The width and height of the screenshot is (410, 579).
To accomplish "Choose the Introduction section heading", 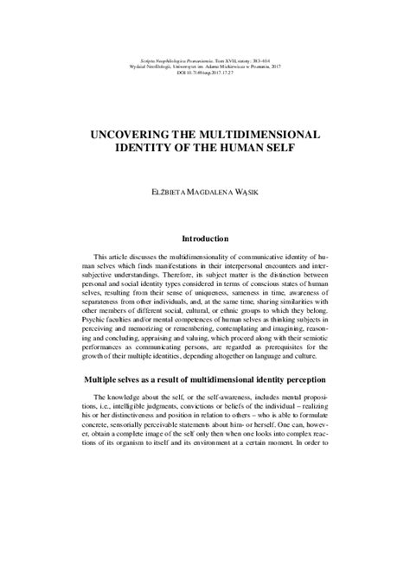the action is click(x=205, y=239).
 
